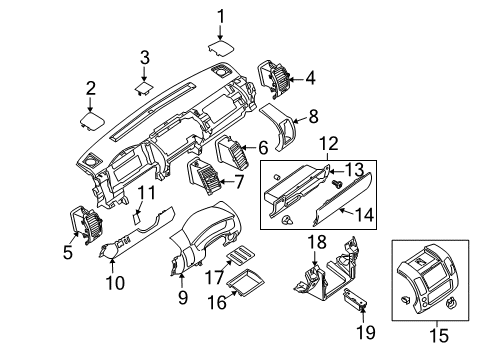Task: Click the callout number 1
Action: (222, 15)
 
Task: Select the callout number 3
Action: (145, 56)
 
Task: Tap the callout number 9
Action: (181, 296)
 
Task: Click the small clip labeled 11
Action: (137, 215)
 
